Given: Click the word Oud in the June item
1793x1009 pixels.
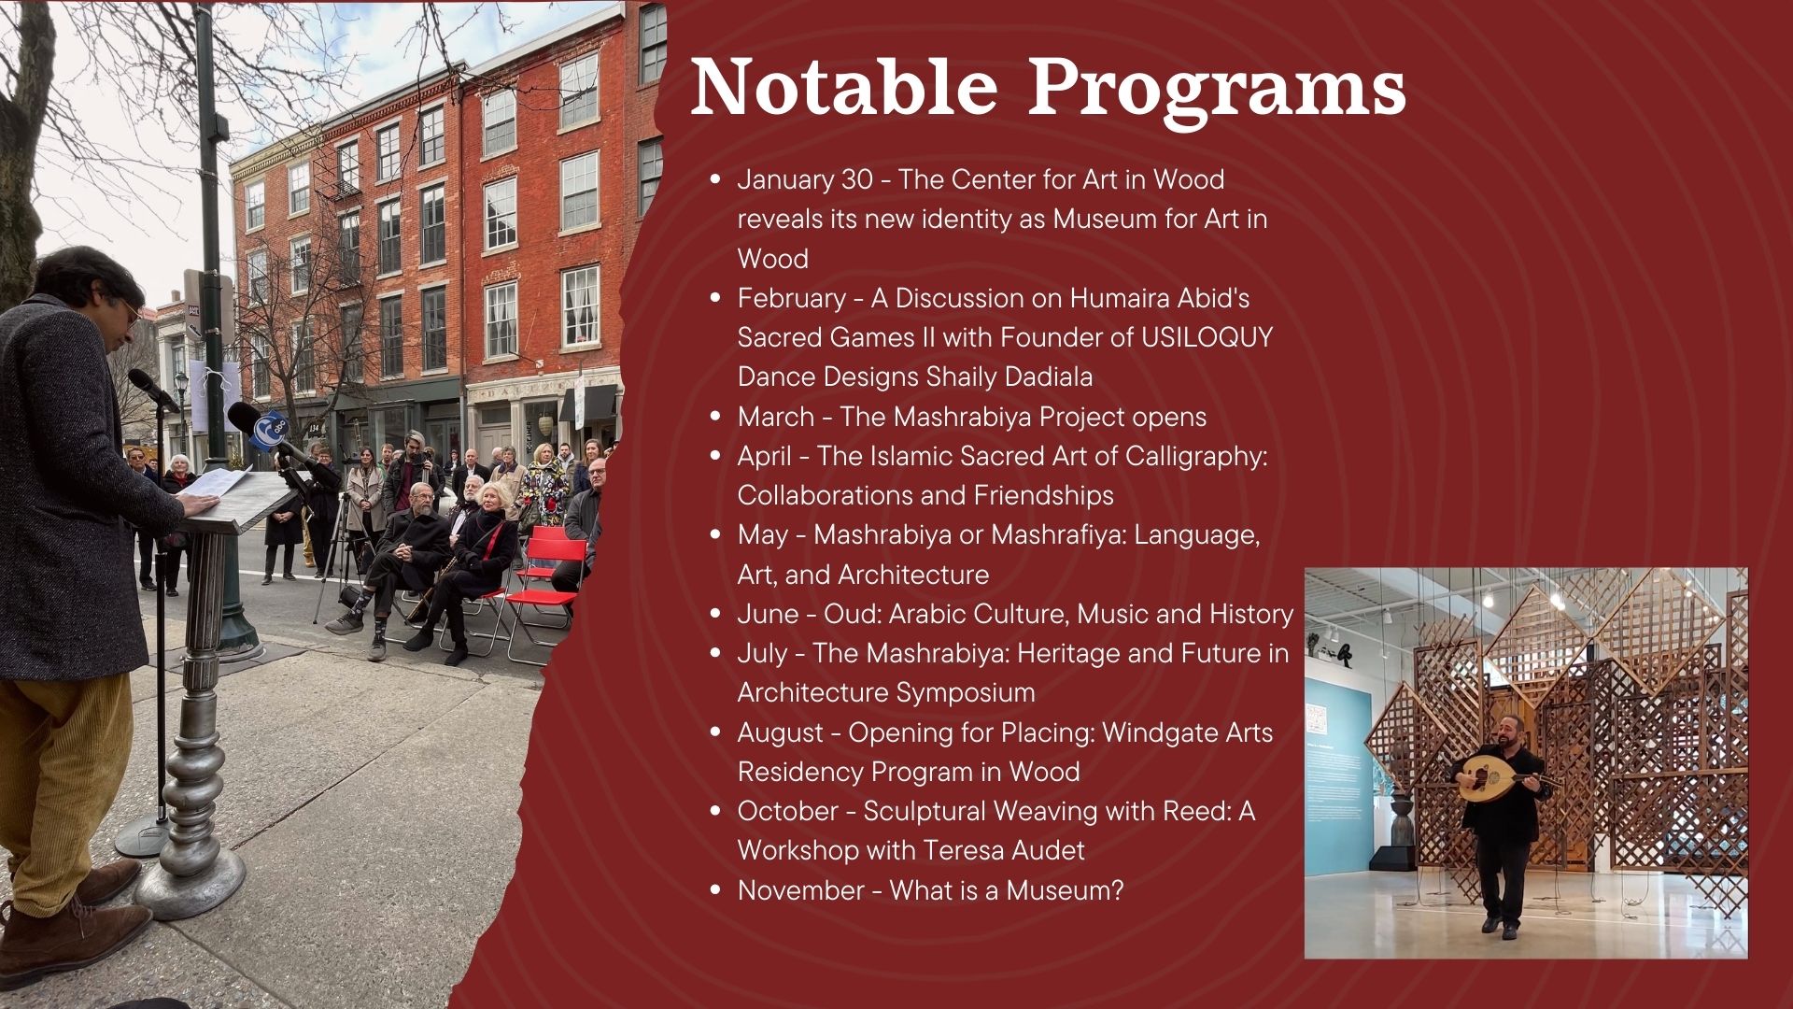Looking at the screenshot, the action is pos(848,614).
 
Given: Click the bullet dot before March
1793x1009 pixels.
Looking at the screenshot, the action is pos(716,417).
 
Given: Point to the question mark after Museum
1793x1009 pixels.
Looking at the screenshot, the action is pos(1116,890).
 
